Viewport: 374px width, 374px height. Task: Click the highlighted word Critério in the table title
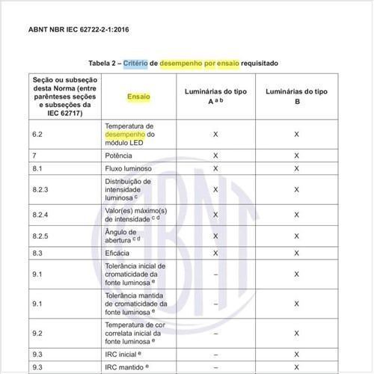[135, 63]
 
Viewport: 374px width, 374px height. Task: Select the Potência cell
[119, 155]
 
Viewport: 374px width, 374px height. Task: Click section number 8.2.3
[42, 190]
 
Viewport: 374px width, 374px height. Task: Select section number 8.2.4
[42, 215]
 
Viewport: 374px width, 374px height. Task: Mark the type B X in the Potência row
[297, 155]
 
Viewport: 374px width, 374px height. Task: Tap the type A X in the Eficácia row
[215, 254]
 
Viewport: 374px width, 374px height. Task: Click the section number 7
[35, 155]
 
